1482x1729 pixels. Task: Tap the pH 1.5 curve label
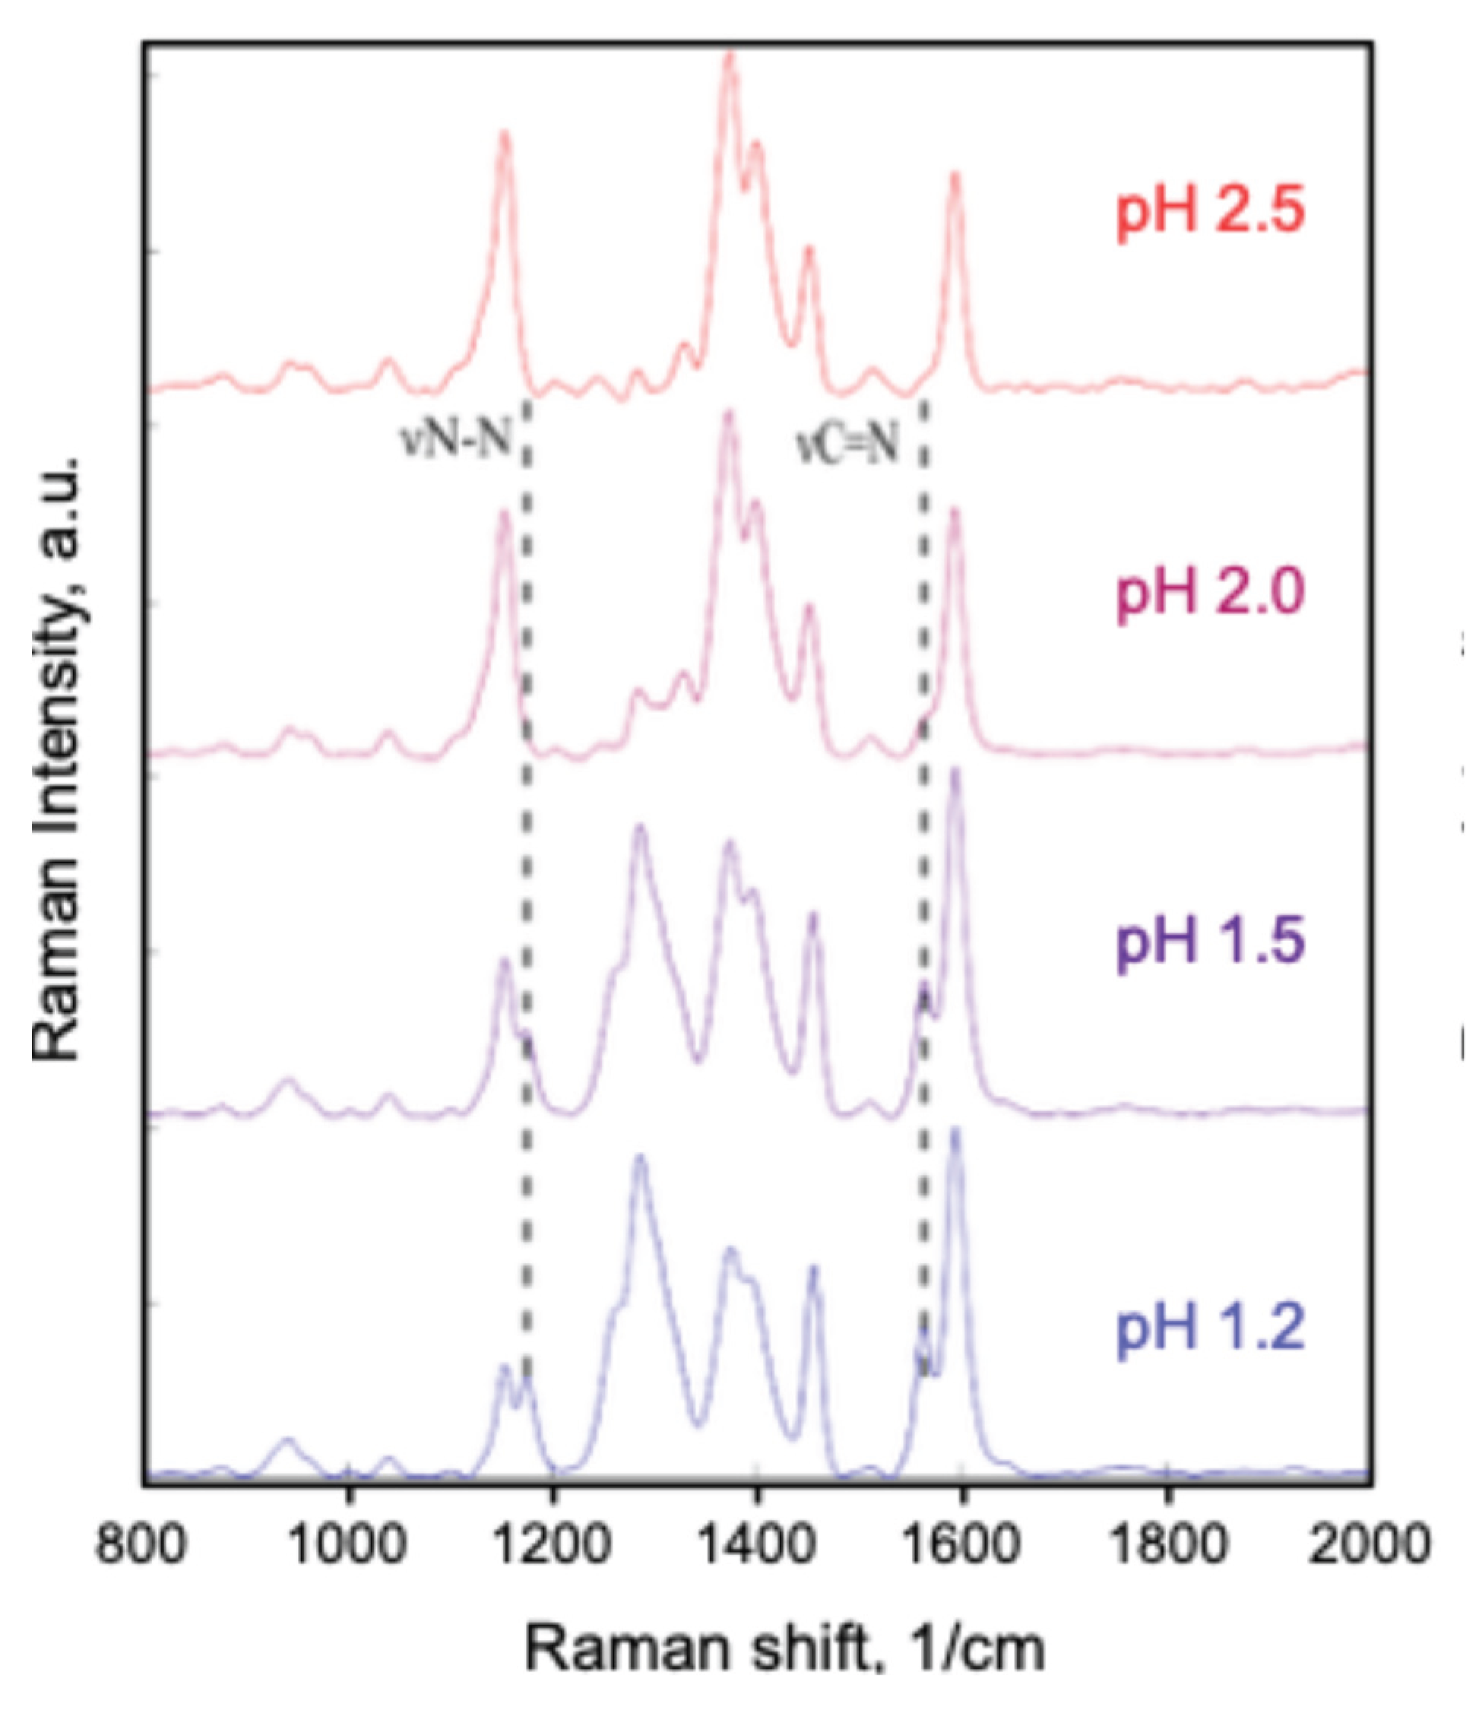[x=1209, y=942]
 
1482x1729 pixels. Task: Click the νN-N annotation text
[x=455, y=438]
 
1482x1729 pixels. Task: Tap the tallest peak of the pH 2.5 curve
[x=730, y=55]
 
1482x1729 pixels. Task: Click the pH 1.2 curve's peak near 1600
[x=956, y=1130]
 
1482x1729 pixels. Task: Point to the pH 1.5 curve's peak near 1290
[x=640, y=828]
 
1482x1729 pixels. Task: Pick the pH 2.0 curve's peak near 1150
[x=503, y=513]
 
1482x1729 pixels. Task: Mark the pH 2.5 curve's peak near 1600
[x=955, y=176]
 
